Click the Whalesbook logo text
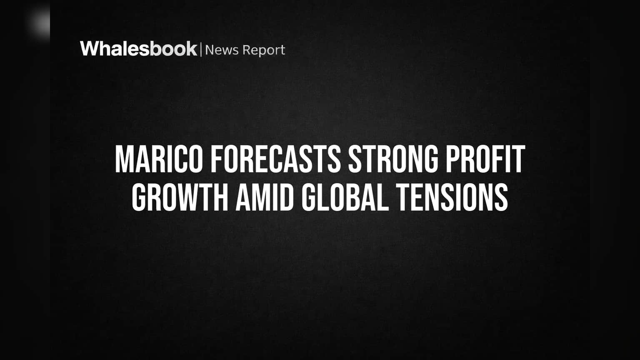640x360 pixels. pyautogui.click(x=139, y=49)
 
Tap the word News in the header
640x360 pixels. pyautogui.click(x=222, y=50)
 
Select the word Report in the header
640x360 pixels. pyautogui.click(x=264, y=50)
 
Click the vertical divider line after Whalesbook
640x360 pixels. pyautogui.click(x=201, y=50)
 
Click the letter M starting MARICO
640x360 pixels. pyautogui.click(x=124, y=159)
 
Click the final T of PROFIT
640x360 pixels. pyautogui.click(x=518, y=159)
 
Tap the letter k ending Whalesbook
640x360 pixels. pyautogui.click(x=190, y=49)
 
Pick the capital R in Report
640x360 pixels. pyautogui.click(x=246, y=50)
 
